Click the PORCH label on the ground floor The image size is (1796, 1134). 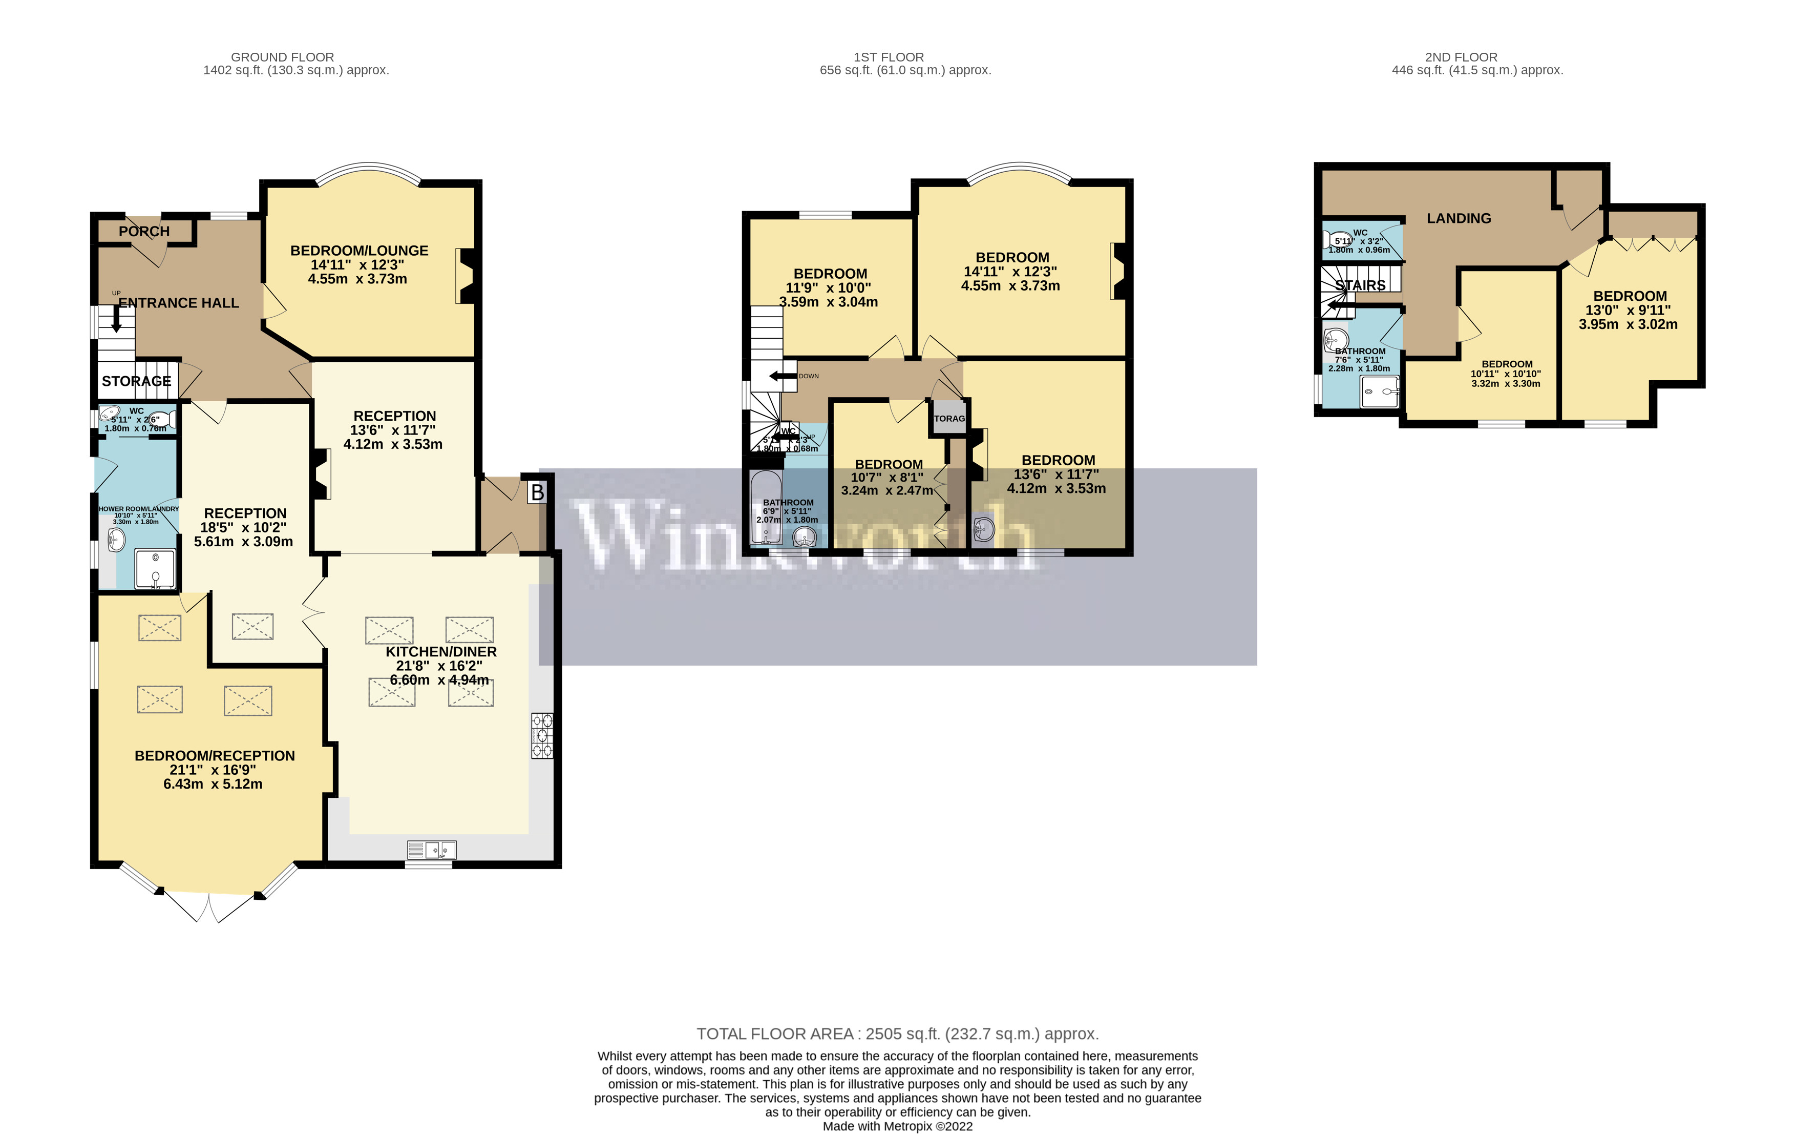tap(144, 231)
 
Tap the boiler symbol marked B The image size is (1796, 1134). tap(537, 492)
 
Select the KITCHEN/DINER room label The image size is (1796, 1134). tap(441, 651)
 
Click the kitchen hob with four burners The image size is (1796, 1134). tap(542, 736)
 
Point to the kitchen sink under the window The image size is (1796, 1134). tap(432, 850)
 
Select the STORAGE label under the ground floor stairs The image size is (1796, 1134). tap(137, 381)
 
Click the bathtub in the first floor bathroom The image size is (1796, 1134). tap(765, 507)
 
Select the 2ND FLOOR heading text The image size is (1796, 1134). tap(1461, 57)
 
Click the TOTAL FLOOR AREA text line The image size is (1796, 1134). tap(897, 1034)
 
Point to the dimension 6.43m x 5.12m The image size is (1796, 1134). tap(214, 784)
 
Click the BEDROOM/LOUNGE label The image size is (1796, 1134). tap(359, 251)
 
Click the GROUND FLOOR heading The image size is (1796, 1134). tap(282, 57)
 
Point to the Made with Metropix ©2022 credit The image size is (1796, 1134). tap(897, 1126)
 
